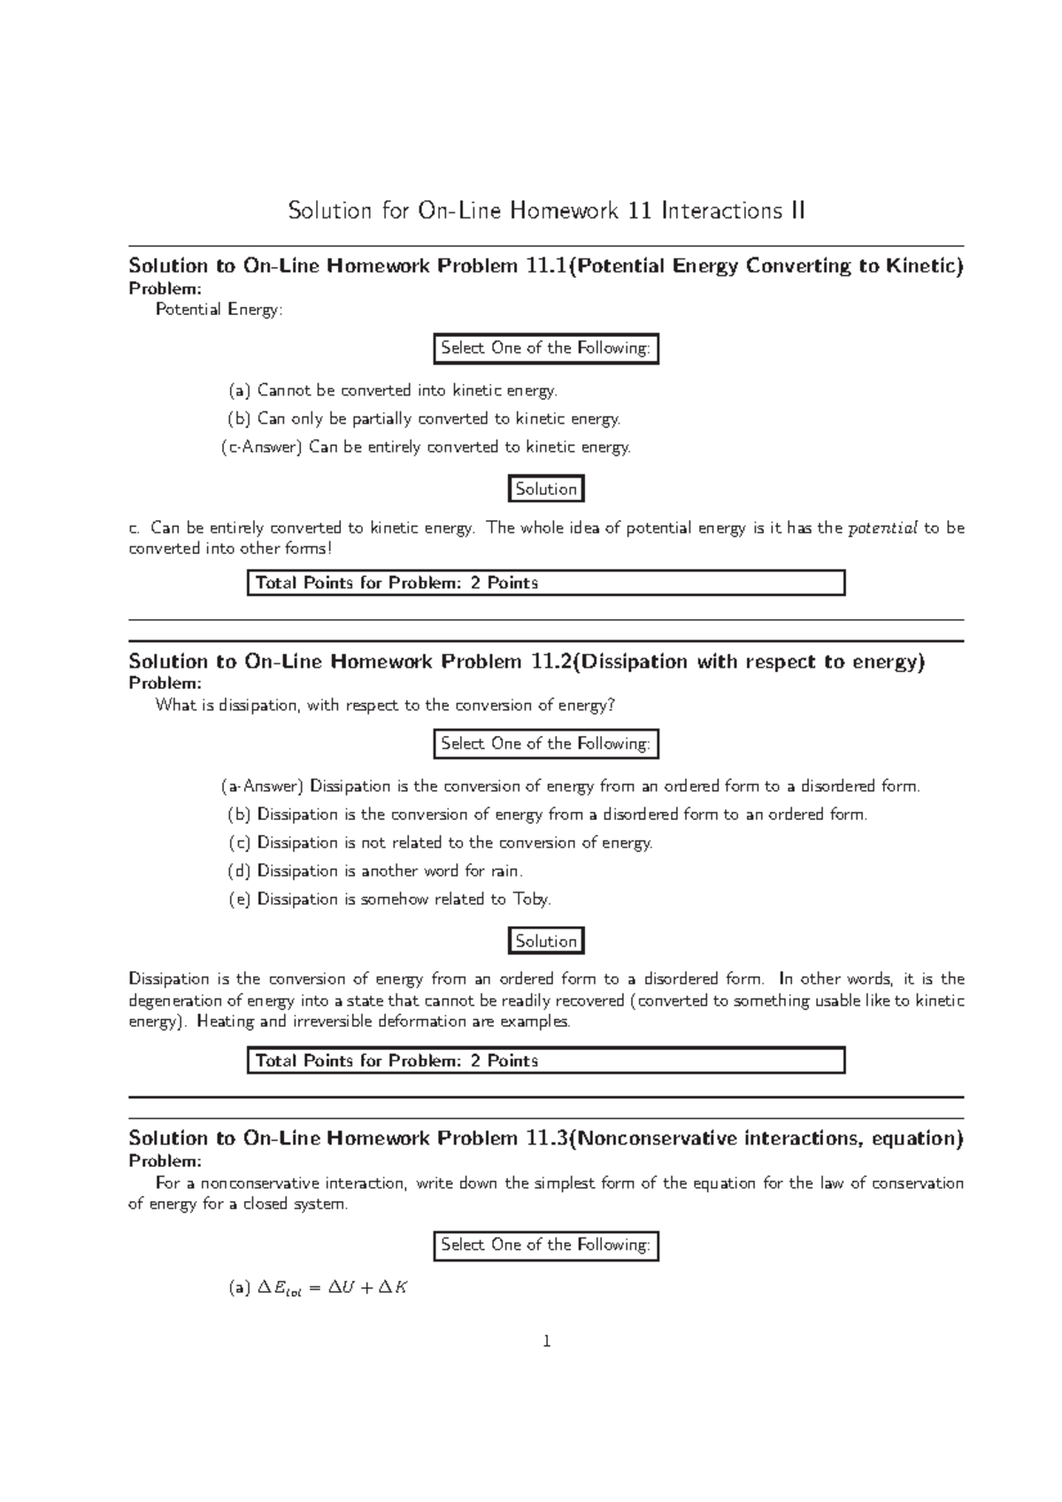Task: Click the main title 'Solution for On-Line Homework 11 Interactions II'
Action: tap(546, 211)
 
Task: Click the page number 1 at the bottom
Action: tap(546, 1342)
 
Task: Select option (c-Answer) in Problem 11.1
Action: tap(426, 448)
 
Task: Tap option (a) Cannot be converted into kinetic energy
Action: tap(393, 390)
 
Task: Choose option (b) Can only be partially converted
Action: tap(425, 418)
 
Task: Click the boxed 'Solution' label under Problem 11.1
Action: tap(546, 489)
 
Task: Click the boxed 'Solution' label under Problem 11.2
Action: tap(546, 941)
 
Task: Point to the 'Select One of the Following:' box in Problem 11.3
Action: tap(546, 1245)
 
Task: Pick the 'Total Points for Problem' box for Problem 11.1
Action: tap(546, 583)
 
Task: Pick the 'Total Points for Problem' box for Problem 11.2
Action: tap(546, 1061)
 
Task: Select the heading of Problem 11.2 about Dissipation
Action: tap(527, 662)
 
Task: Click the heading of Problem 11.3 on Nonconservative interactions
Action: tap(546, 1138)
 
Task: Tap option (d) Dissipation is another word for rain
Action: tap(376, 871)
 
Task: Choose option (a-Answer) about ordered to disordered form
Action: tap(571, 786)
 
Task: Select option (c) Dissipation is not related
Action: tap(441, 843)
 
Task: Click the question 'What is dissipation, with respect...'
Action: tap(385, 706)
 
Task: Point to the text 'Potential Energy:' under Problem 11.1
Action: tap(219, 310)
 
